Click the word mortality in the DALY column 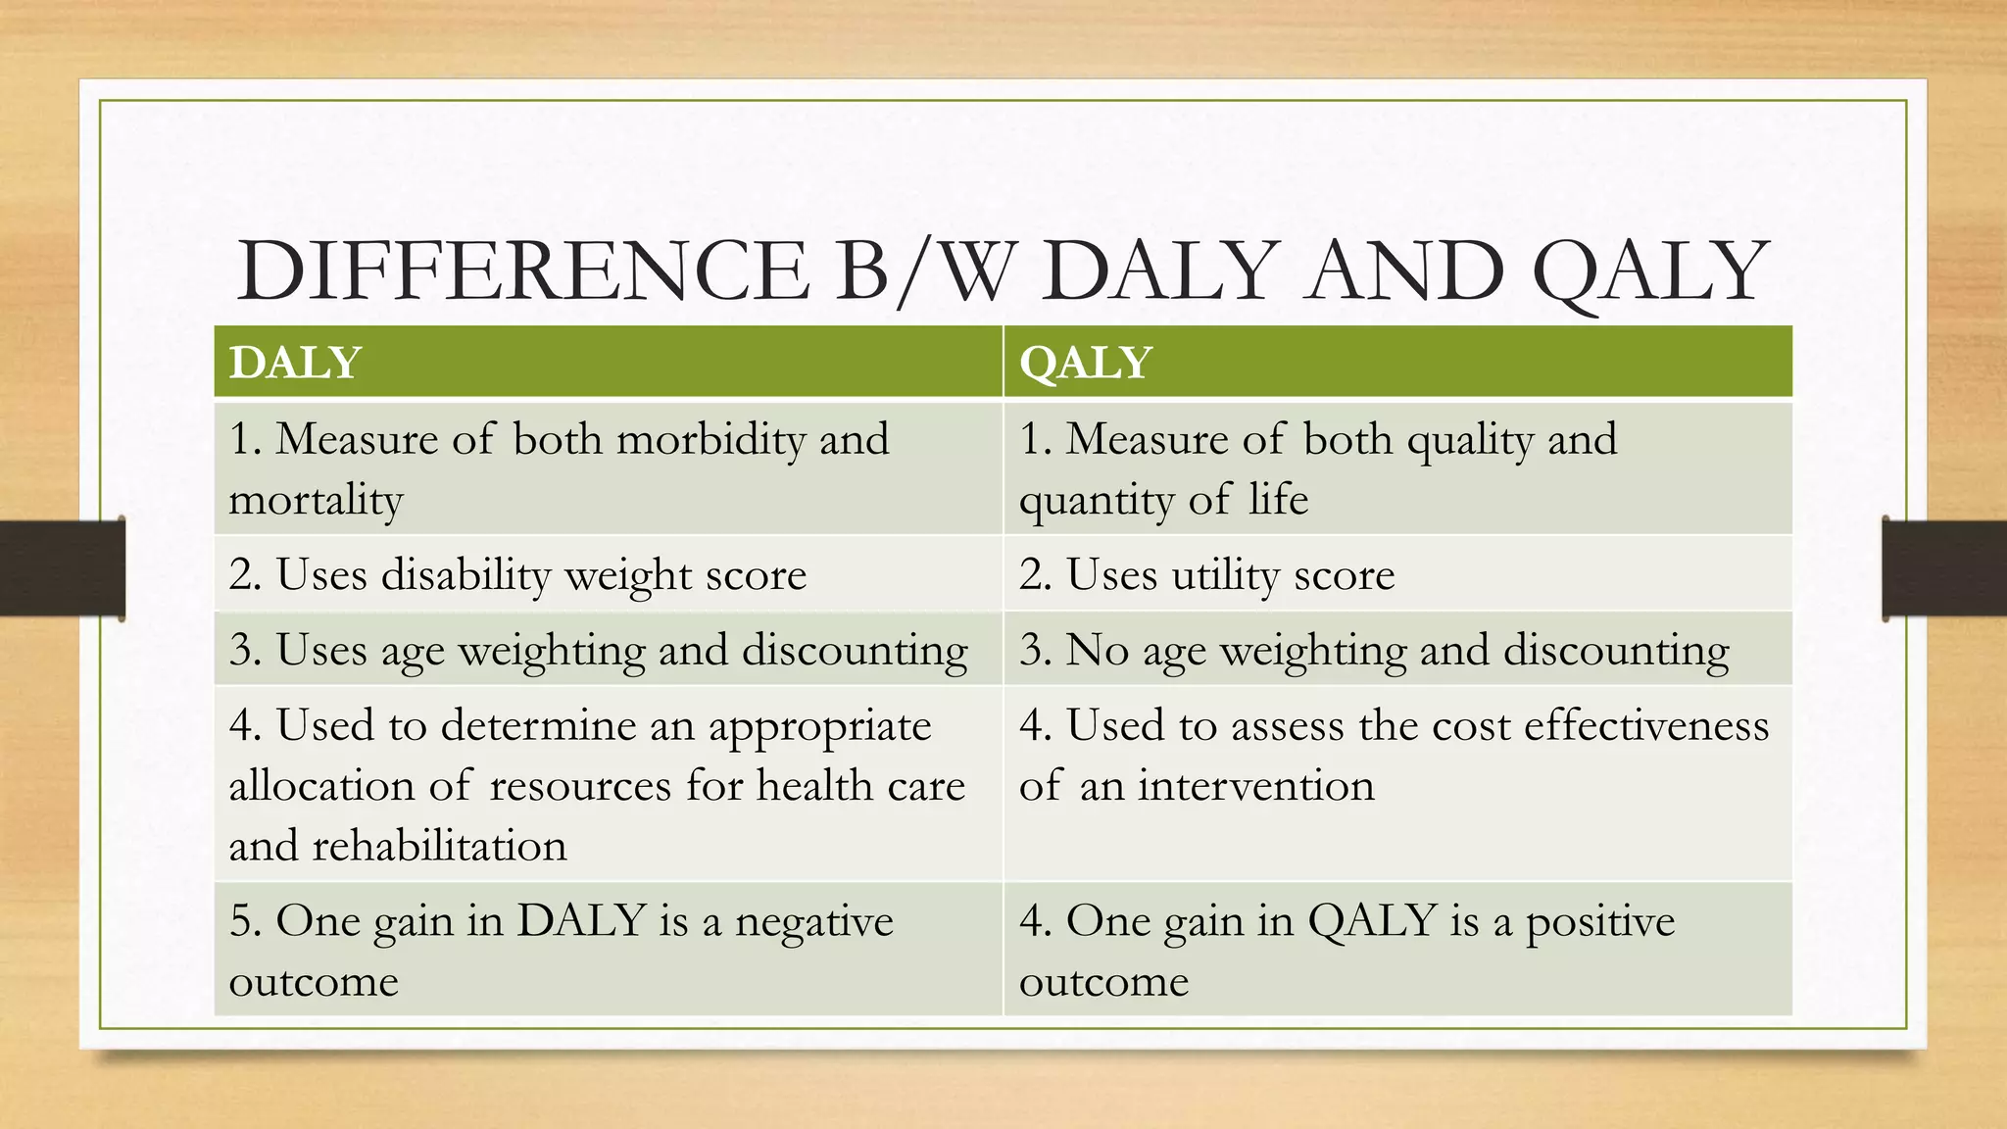[x=316, y=500]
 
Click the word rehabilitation [x=439, y=846]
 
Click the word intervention [x=1255, y=786]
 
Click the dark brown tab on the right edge [x=1944, y=568]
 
